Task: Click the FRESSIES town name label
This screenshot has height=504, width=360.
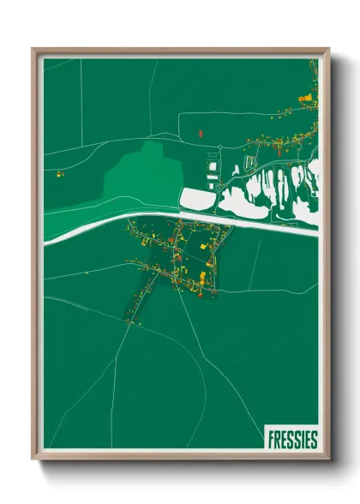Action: (x=292, y=440)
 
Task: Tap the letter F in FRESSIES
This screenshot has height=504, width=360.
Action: (x=271, y=440)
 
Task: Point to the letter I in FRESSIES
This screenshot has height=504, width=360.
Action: (x=303, y=440)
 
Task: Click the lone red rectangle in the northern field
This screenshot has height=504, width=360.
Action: (x=199, y=134)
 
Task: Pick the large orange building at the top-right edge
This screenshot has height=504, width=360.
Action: (x=304, y=99)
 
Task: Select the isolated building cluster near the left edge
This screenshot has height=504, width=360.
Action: (x=60, y=174)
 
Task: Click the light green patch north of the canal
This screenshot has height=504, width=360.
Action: (x=141, y=176)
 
